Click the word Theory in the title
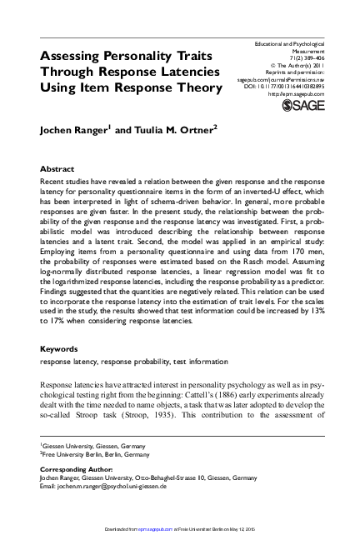(197, 87)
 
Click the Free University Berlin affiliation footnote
(92, 455)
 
